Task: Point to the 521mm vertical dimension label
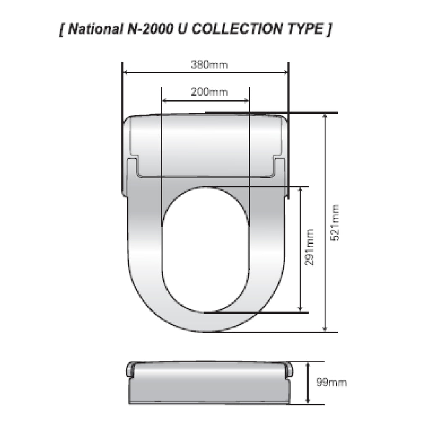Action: tap(335, 222)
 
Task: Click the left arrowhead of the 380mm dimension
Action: tap(125, 73)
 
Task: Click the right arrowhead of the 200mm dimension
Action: tap(247, 100)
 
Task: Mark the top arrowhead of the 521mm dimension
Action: tap(325, 116)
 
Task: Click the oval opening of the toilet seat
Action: tap(205, 250)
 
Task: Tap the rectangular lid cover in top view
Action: tap(206, 145)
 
